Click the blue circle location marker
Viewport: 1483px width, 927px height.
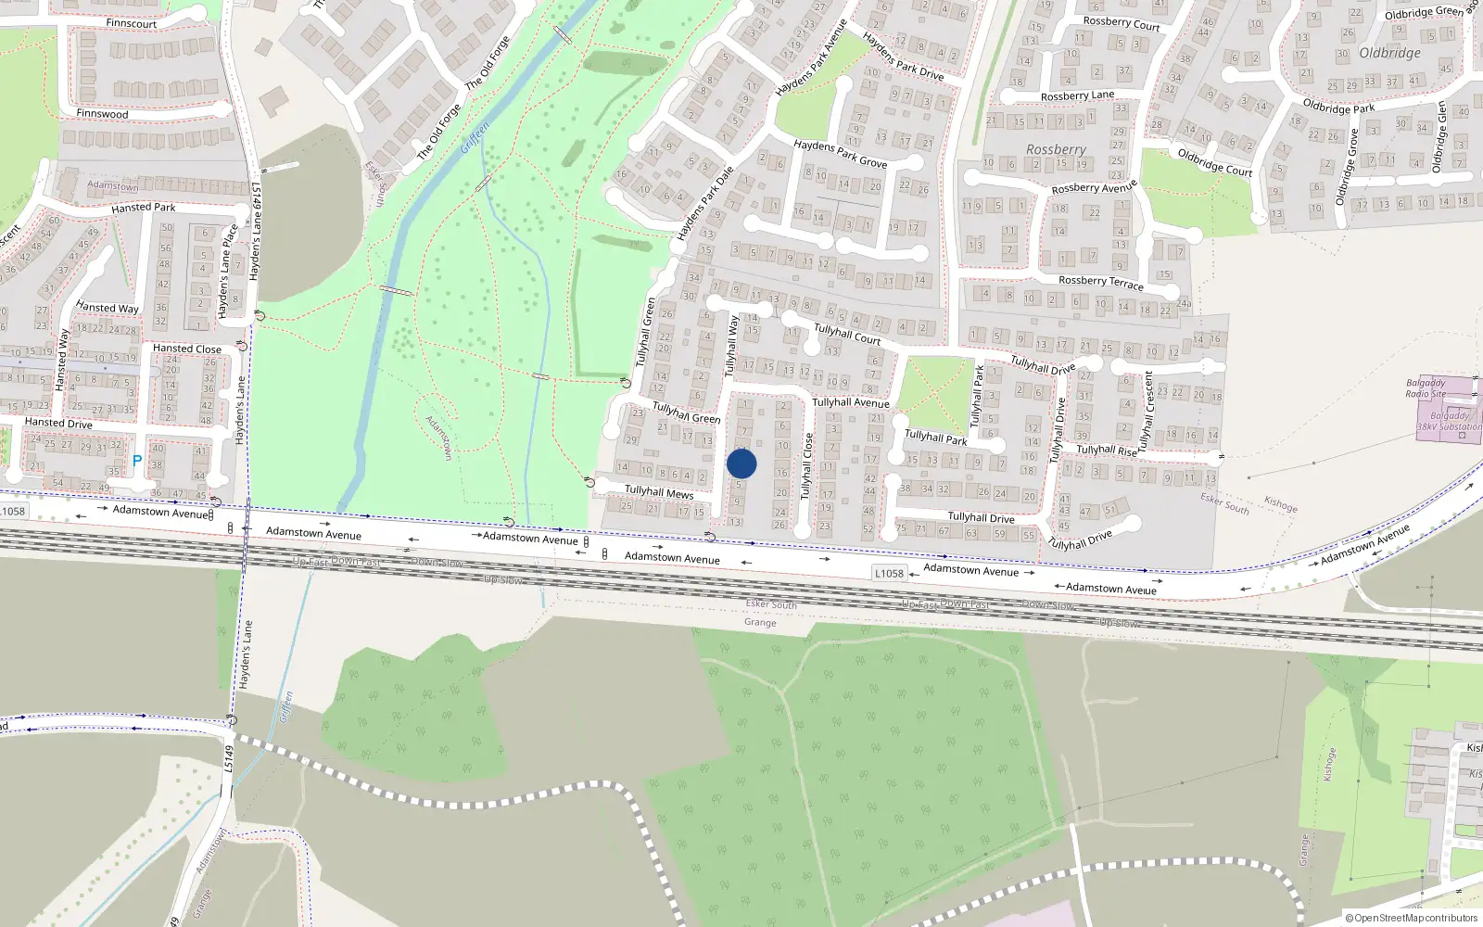point(741,463)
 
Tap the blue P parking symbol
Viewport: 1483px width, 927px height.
point(137,461)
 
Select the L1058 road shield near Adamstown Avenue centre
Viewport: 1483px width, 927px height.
point(889,573)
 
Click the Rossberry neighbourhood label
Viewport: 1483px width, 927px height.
point(1056,149)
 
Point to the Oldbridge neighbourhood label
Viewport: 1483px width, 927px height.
point(1389,53)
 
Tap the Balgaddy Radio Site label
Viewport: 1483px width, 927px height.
point(1426,387)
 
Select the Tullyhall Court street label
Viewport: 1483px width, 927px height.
point(847,334)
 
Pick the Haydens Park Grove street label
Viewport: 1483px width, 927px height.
point(840,154)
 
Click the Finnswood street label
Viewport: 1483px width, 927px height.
point(102,114)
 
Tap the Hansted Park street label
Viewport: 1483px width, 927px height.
point(143,208)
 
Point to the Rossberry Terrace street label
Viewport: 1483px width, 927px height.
point(1101,282)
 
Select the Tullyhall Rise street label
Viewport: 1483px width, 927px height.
point(1107,451)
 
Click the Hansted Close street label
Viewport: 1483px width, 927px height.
point(187,349)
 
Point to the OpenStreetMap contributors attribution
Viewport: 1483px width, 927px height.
point(1411,918)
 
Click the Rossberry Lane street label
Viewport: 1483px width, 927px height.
point(1077,95)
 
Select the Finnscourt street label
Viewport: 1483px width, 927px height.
point(131,23)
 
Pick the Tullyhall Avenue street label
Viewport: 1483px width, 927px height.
point(851,402)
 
